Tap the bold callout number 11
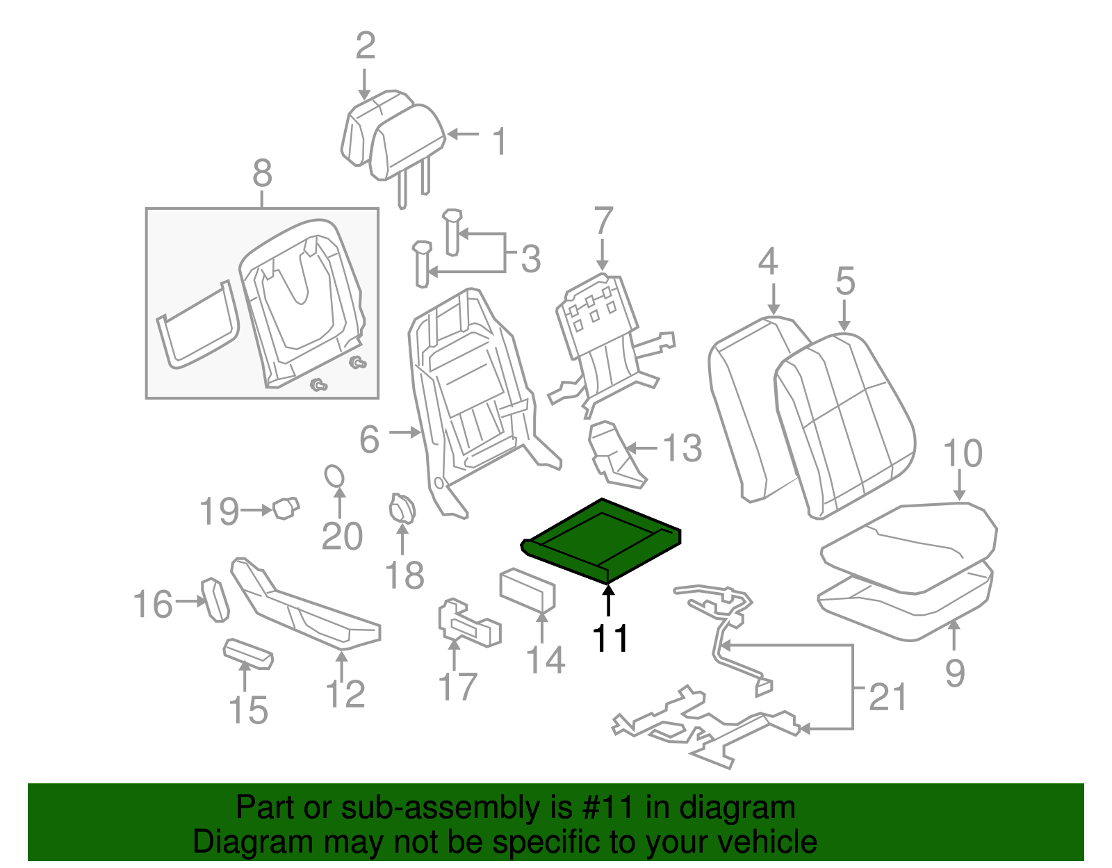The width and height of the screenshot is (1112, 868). (x=610, y=639)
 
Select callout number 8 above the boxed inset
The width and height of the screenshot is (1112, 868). (x=262, y=173)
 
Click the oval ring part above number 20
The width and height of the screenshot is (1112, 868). (x=334, y=476)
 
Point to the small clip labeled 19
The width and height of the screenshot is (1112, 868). (x=286, y=508)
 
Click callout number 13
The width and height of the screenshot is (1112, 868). (x=682, y=448)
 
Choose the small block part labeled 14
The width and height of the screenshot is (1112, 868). (x=527, y=590)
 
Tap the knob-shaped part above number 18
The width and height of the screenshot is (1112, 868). (x=402, y=509)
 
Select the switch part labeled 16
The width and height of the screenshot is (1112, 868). (x=215, y=600)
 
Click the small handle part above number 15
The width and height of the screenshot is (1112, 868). (x=248, y=654)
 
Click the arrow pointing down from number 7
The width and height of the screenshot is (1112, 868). (x=603, y=254)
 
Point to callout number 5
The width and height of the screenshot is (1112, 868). (x=845, y=281)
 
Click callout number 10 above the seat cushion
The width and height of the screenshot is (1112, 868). (x=963, y=453)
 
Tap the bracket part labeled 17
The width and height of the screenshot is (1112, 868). (x=468, y=622)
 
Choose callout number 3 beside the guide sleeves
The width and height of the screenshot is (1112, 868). (x=531, y=259)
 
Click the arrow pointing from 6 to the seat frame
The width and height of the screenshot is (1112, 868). (x=404, y=433)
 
